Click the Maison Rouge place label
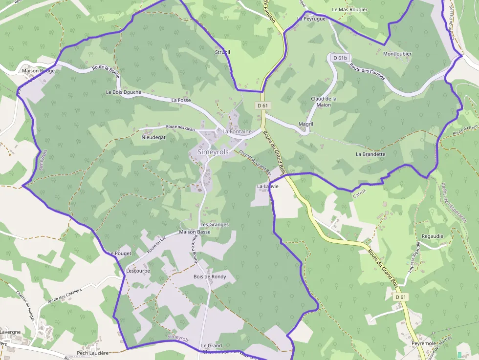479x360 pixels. tap(38, 71)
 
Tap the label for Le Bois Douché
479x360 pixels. tap(123, 92)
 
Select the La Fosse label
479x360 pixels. tap(181, 100)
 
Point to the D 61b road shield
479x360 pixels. tap(340, 58)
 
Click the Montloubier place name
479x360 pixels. tap(397, 54)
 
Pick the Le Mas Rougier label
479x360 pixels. tap(349, 9)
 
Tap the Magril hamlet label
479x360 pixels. tap(305, 125)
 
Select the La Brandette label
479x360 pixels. tap(370, 154)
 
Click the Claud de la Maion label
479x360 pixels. tap(324, 102)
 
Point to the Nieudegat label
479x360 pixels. tap(153, 138)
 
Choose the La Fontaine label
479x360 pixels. tap(237, 131)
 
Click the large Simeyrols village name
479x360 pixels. tap(213, 152)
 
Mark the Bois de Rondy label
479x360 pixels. tap(210, 276)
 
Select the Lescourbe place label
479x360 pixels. tap(138, 271)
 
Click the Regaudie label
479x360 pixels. tap(432, 236)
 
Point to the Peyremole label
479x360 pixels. tap(423, 344)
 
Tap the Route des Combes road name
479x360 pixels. tap(367, 74)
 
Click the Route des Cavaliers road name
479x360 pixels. tap(65, 296)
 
